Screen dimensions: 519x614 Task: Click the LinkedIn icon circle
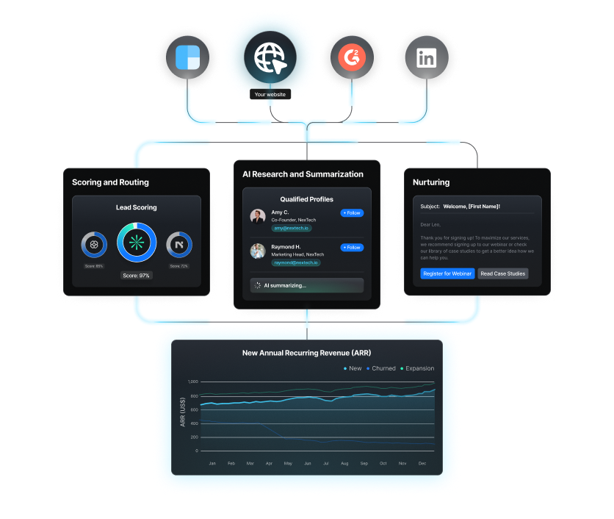[426, 59]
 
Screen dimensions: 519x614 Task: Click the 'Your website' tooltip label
[270, 94]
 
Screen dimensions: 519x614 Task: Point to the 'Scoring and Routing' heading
[110, 182]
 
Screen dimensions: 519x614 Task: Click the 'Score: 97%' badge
[137, 276]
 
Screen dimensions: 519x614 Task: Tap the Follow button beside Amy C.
[352, 213]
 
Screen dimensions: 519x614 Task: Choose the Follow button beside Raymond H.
[352, 248]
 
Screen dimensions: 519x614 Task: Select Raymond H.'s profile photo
[258, 251]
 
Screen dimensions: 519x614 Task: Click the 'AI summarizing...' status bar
[306, 285]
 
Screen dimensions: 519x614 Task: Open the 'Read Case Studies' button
[503, 273]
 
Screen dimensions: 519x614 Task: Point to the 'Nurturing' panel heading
[431, 182]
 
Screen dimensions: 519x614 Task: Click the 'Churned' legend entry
[380, 368]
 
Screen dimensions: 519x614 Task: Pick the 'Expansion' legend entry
[417, 368]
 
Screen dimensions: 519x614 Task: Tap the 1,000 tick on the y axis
[192, 382]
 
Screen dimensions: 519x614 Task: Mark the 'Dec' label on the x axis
[422, 464]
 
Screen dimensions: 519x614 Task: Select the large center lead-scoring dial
[137, 243]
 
